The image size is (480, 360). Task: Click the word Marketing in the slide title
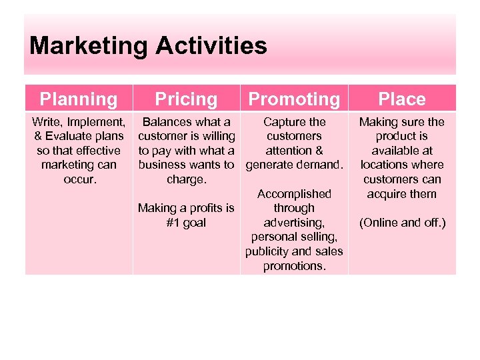tap(89, 46)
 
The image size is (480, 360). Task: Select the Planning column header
tap(79, 99)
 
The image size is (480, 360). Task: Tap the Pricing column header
tap(186, 99)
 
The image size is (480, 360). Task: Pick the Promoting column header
tap(294, 99)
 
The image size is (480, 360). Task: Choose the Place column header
tap(402, 99)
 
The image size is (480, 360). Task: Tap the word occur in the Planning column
tap(79, 179)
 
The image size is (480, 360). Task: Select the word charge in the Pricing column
tap(186, 179)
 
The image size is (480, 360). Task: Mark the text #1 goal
tap(186, 223)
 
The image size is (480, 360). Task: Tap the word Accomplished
tap(294, 194)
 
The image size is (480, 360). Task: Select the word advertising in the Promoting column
tap(294, 223)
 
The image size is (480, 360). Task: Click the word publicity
tap(268, 251)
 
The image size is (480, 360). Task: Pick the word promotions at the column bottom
tap(294, 266)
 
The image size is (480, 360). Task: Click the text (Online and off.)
tap(402, 223)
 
